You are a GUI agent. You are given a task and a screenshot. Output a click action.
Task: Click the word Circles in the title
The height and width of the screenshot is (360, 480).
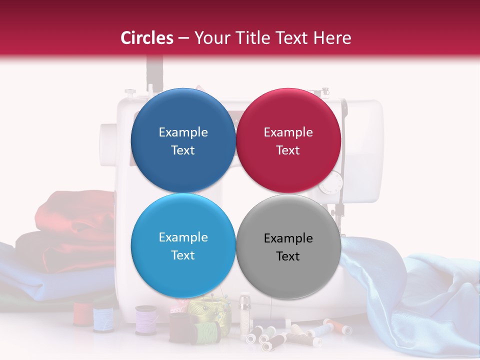click(x=147, y=38)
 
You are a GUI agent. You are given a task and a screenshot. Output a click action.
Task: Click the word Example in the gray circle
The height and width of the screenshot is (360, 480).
click(x=288, y=238)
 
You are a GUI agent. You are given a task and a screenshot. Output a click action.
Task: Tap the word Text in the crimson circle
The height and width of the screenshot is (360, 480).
click(x=288, y=150)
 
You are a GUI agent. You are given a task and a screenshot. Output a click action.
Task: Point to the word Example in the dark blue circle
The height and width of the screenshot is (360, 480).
click(x=183, y=132)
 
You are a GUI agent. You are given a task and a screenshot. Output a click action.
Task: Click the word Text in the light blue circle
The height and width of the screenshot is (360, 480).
click(x=183, y=255)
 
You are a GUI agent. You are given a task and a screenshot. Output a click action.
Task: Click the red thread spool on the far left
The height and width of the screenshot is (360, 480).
click(x=82, y=314)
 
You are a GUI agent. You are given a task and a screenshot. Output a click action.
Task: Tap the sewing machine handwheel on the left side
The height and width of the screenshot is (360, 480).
click(x=107, y=145)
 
